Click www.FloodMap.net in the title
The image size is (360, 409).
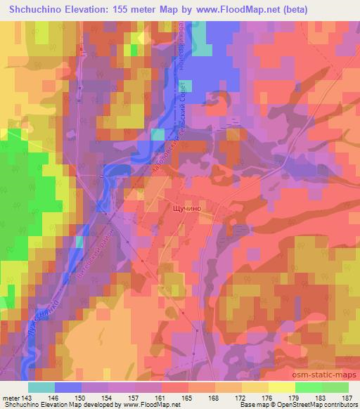(x=238, y=9)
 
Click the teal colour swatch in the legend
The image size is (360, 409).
(x=41, y=387)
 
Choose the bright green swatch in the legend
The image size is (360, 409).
(x=308, y=387)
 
